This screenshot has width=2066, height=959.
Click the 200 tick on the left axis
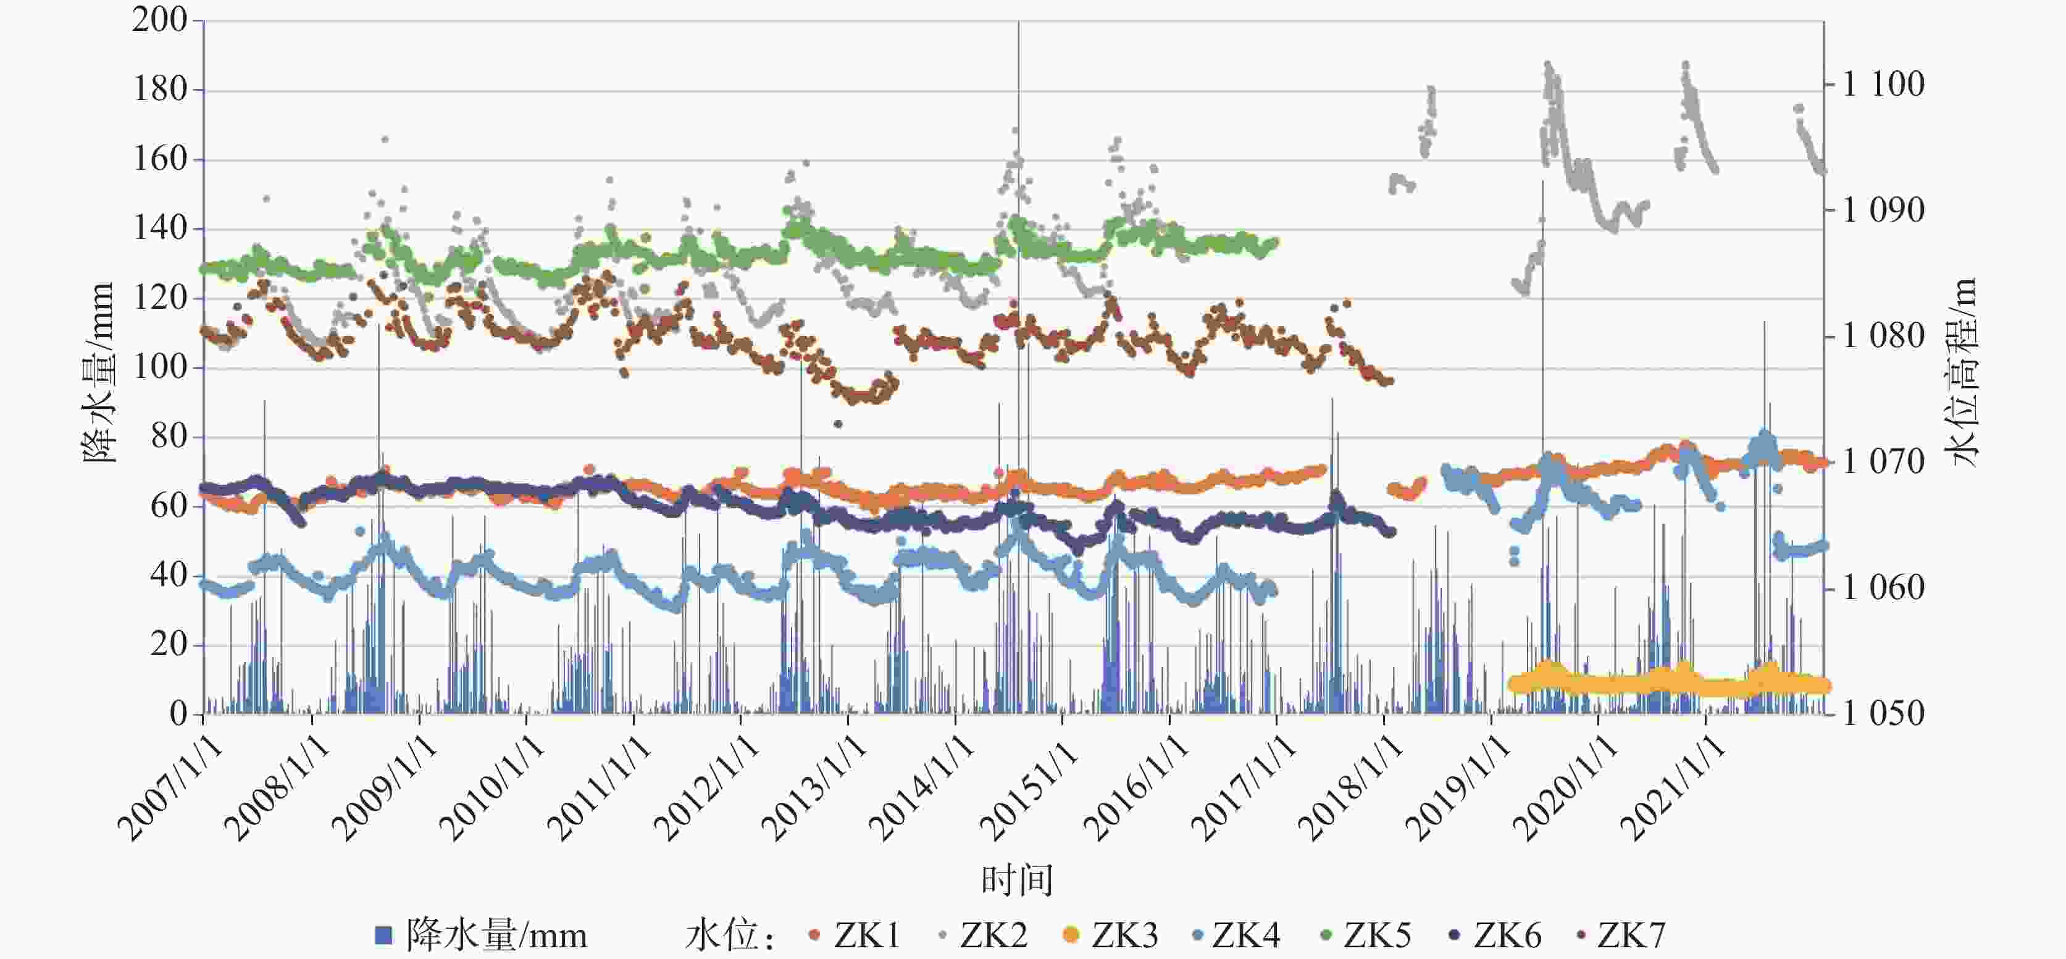159,20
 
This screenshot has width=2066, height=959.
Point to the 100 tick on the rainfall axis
159,367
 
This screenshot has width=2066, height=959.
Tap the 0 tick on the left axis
178,714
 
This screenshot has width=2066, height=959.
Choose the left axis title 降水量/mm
99,373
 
